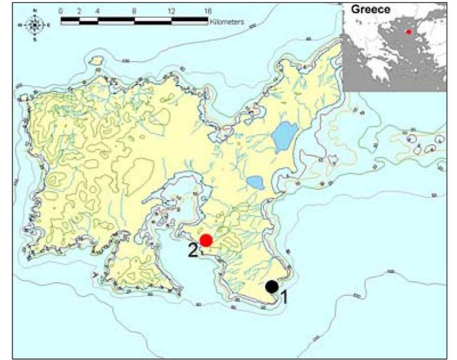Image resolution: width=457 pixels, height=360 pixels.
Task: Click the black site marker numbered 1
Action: (272, 287)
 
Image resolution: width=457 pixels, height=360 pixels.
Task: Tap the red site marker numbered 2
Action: (205, 240)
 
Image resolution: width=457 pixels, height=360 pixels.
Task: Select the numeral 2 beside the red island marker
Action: (193, 250)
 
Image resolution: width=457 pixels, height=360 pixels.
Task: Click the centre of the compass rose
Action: (34, 24)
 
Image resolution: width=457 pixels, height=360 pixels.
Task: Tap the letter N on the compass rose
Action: (34, 10)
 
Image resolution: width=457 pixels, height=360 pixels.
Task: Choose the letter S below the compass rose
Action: (34, 39)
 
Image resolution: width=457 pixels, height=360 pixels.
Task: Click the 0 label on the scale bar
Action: (61, 11)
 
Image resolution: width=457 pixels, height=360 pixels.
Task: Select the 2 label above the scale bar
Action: (79, 11)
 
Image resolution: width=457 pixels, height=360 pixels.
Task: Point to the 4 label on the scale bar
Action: (98, 11)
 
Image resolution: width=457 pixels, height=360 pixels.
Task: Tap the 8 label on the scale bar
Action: (134, 11)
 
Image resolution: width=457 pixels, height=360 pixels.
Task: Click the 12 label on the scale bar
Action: (171, 11)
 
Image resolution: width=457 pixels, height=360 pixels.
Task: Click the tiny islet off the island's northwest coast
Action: (95, 61)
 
